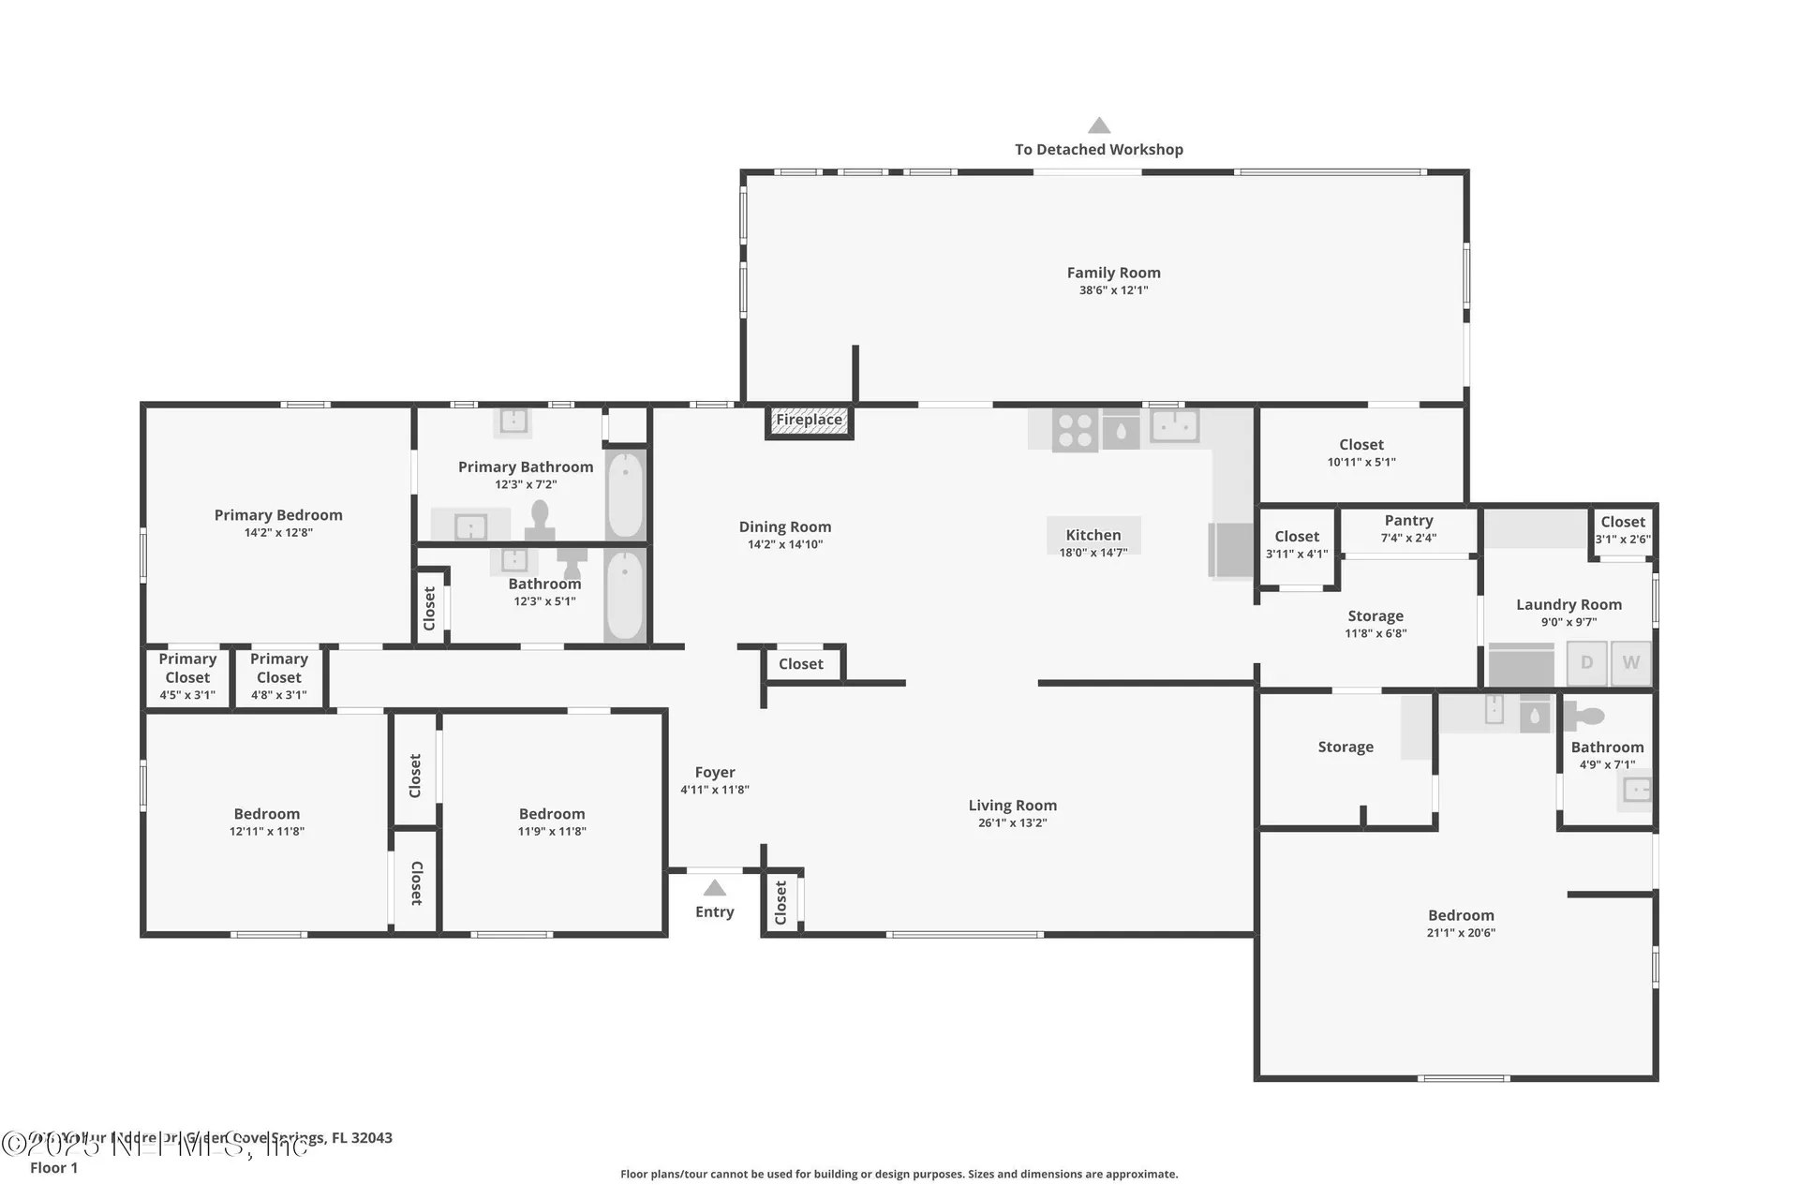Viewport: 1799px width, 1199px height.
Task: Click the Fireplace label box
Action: (810, 421)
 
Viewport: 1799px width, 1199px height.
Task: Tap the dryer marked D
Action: (1586, 663)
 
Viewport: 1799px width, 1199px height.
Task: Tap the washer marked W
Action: (1630, 663)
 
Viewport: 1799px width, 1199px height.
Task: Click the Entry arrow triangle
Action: (715, 887)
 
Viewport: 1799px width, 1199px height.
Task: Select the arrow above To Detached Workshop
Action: (1099, 126)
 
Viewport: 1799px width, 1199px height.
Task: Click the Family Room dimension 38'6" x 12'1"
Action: (1113, 290)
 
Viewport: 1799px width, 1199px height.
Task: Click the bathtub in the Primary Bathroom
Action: (625, 495)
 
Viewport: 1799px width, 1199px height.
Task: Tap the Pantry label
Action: (1408, 521)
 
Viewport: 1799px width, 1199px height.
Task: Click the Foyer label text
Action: (715, 773)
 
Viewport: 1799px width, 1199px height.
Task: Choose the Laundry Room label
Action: (1569, 605)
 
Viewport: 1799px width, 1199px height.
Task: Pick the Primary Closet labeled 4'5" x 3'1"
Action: (187, 676)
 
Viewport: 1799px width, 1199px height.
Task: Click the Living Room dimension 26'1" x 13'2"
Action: (1012, 822)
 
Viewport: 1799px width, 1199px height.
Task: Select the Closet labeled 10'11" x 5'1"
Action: (1360, 452)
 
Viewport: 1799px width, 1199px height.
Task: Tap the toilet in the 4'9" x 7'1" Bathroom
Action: (1585, 718)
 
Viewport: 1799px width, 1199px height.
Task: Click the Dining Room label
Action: (784, 527)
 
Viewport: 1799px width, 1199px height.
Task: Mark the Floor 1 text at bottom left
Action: (53, 1167)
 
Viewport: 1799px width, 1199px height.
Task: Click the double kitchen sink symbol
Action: (1174, 427)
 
